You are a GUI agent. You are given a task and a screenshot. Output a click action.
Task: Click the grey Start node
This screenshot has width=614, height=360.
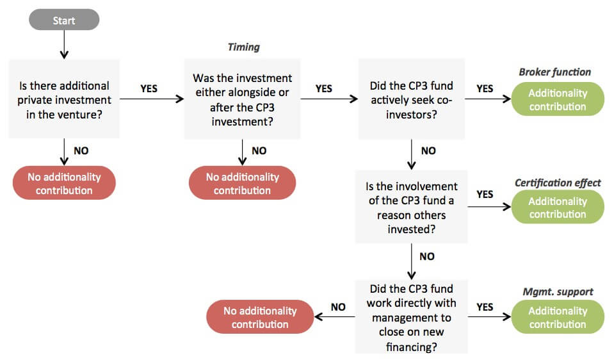pos(64,20)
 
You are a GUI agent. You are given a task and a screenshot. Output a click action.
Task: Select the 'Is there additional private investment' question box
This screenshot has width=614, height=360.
pos(64,99)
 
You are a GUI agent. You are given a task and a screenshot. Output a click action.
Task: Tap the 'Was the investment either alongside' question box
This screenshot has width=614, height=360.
pos(243,99)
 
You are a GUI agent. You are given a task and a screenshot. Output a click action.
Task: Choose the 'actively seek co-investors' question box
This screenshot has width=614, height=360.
pos(412,99)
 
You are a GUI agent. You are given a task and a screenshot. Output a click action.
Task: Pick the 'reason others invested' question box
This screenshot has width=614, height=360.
pos(412,207)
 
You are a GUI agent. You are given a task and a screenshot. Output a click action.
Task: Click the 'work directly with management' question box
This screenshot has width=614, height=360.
pos(412,317)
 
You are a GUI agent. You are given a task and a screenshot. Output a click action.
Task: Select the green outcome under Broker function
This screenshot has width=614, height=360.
pos(558,99)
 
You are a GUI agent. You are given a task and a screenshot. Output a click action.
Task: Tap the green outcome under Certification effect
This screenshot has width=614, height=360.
pos(558,208)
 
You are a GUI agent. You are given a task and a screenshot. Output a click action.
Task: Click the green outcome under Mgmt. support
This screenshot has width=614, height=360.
pos(558,317)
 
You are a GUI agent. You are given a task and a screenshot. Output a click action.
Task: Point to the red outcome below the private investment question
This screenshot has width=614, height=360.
pos(64,183)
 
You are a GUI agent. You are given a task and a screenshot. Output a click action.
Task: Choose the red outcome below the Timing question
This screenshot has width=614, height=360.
pos(243,183)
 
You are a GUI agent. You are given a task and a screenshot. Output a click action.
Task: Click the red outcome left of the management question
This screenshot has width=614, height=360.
pos(260,317)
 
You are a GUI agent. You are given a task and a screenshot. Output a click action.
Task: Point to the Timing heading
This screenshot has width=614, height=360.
pos(243,47)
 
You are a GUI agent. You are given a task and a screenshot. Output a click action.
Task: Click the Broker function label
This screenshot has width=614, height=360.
pos(555,72)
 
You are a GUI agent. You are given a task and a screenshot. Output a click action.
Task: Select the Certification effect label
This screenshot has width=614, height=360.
pos(558,183)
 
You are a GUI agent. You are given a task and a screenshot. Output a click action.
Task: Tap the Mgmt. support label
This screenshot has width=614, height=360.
pos(558,292)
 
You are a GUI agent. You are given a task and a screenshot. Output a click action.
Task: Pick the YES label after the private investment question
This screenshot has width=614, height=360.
pos(149,88)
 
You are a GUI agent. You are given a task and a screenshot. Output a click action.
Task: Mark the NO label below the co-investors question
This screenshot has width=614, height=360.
pos(428,151)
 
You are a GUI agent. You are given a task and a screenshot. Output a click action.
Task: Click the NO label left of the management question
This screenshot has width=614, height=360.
pos(338,307)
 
